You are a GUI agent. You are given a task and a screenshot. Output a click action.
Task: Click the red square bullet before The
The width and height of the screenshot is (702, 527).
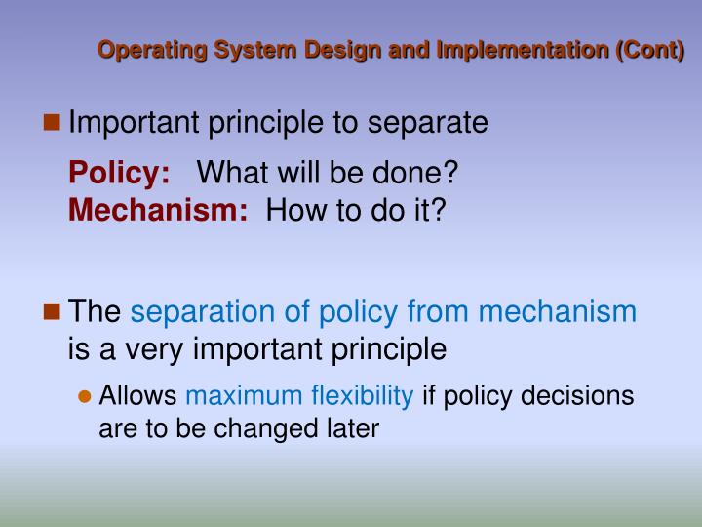point(54,312)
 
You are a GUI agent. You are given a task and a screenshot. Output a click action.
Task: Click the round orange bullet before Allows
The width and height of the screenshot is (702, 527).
point(85,396)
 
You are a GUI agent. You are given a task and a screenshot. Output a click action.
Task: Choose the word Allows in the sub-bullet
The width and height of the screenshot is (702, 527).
point(138,395)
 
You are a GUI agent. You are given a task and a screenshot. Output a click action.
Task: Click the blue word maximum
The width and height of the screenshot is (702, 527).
point(244,395)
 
